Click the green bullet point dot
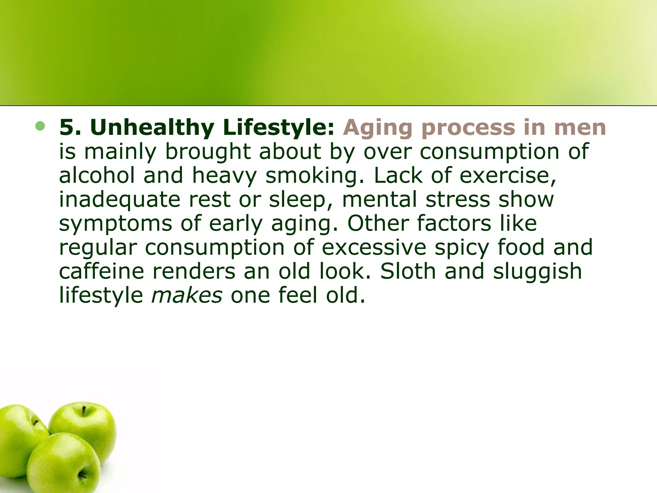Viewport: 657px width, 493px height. (40, 126)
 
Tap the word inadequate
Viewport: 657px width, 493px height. (120, 200)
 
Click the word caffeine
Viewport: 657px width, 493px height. (101, 271)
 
